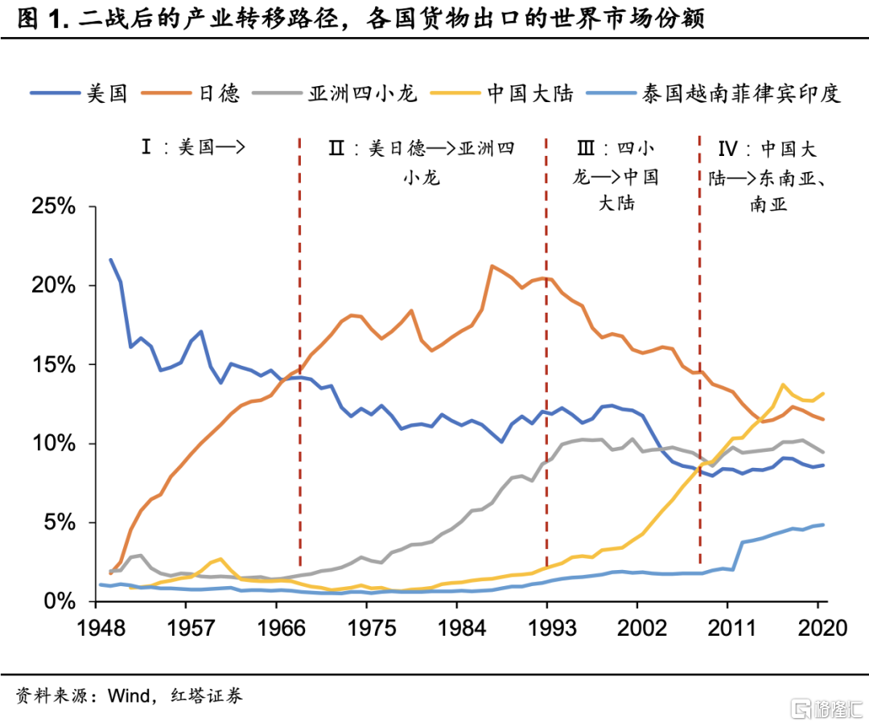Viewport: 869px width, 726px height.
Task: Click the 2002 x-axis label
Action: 637,629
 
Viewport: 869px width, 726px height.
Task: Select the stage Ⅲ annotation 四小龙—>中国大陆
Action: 616,175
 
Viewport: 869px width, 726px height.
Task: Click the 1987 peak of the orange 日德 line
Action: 491,265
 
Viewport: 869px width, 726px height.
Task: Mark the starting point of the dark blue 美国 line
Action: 110,260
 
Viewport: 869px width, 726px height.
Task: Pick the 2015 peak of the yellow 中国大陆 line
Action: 783,385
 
